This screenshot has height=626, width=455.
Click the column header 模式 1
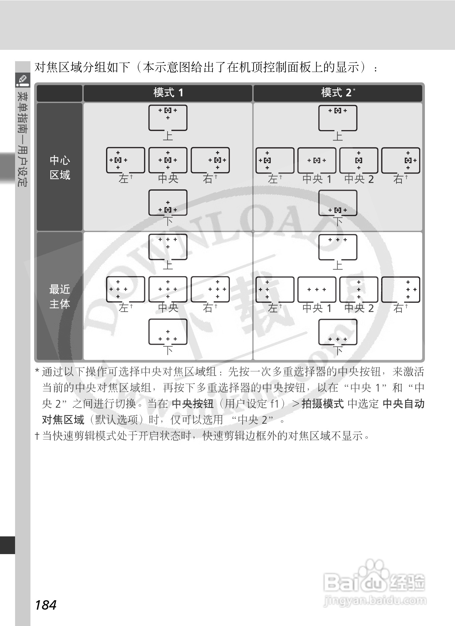pyautogui.click(x=168, y=93)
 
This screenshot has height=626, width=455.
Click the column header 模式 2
pyautogui.click(x=337, y=93)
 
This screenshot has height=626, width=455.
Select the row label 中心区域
pyautogui.click(x=60, y=167)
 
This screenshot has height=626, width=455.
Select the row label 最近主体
pyautogui.click(x=60, y=296)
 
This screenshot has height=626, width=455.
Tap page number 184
pyautogui.click(x=45, y=605)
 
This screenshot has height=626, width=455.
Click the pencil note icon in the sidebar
pyautogui.click(x=23, y=80)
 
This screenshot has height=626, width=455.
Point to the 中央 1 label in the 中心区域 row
pyautogui.click(x=316, y=179)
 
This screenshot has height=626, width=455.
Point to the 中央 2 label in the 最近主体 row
pyautogui.click(x=359, y=308)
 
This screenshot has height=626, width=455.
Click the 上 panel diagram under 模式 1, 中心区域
pyautogui.click(x=168, y=118)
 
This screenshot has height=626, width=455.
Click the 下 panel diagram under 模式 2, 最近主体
pyautogui.click(x=338, y=332)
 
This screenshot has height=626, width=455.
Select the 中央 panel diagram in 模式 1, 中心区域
pyautogui.click(x=168, y=160)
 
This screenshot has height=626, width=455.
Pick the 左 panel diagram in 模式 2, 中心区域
pyautogui.click(x=275, y=160)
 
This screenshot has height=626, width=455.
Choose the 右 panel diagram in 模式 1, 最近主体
pyautogui.click(x=210, y=289)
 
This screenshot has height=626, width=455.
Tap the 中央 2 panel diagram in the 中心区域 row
pyautogui.click(x=359, y=160)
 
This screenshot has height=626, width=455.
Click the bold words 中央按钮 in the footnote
pyautogui.click(x=193, y=404)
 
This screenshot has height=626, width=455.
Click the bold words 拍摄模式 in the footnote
pyautogui.click(x=323, y=404)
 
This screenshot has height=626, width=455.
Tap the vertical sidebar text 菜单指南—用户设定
pyautogui.click(x=23, y=139)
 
